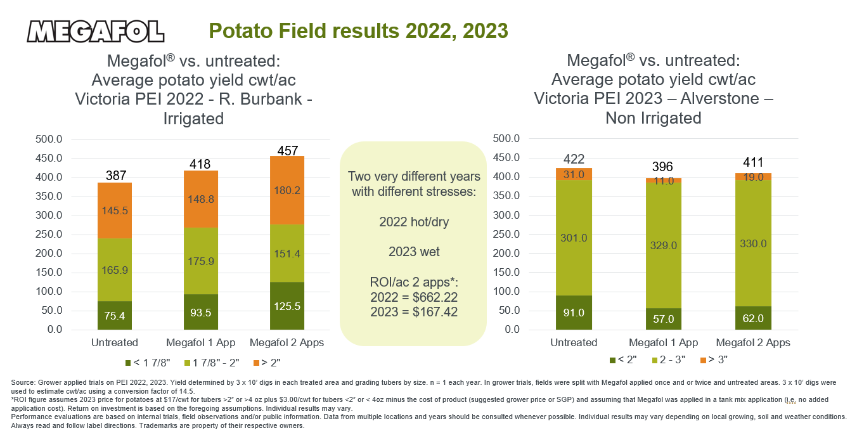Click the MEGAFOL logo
click(96, 31)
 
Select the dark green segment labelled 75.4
click(114, 315)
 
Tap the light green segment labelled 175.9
click(200, 261)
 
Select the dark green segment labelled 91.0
click(574, 313)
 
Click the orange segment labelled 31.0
click(574, 174)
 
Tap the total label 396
click(663, 167)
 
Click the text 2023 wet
click(413, 252)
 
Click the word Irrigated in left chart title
click(193, 119)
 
